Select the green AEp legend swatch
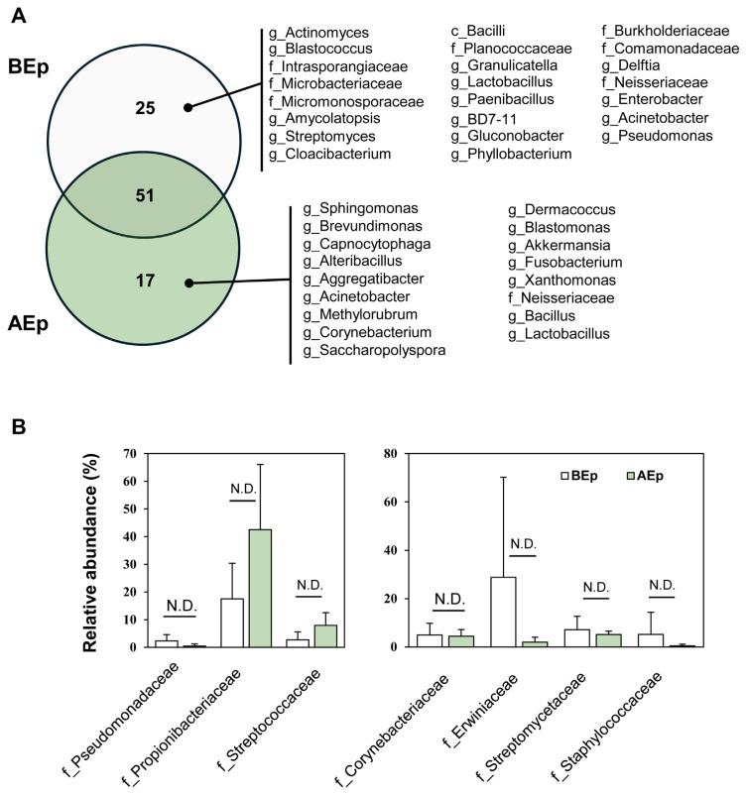click(x=631, y=477)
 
